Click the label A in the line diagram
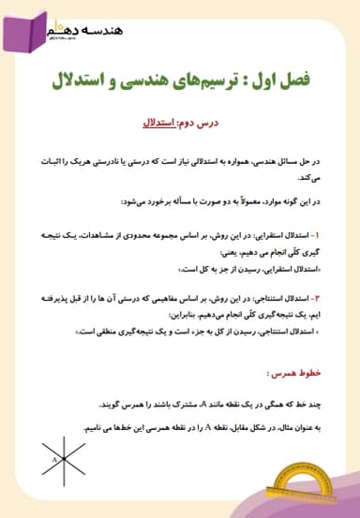55,460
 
